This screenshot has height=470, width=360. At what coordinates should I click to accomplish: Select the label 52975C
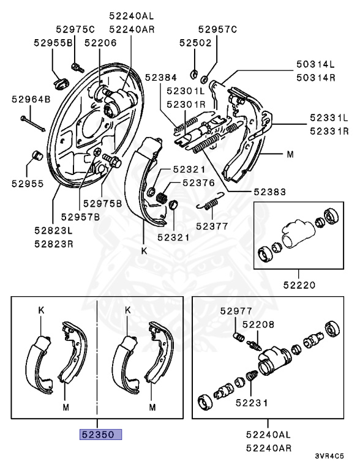click(x=75, y=29)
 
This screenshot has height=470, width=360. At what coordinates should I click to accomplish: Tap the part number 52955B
click(x=53, y=42)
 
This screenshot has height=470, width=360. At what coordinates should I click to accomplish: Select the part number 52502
click(x=195, y=42)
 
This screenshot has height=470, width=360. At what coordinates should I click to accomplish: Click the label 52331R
click(x=329, y=131)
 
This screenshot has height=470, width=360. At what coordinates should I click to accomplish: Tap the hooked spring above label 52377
click(x=208, y=206)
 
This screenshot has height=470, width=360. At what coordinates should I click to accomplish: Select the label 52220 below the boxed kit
click(x=299, y=284)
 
